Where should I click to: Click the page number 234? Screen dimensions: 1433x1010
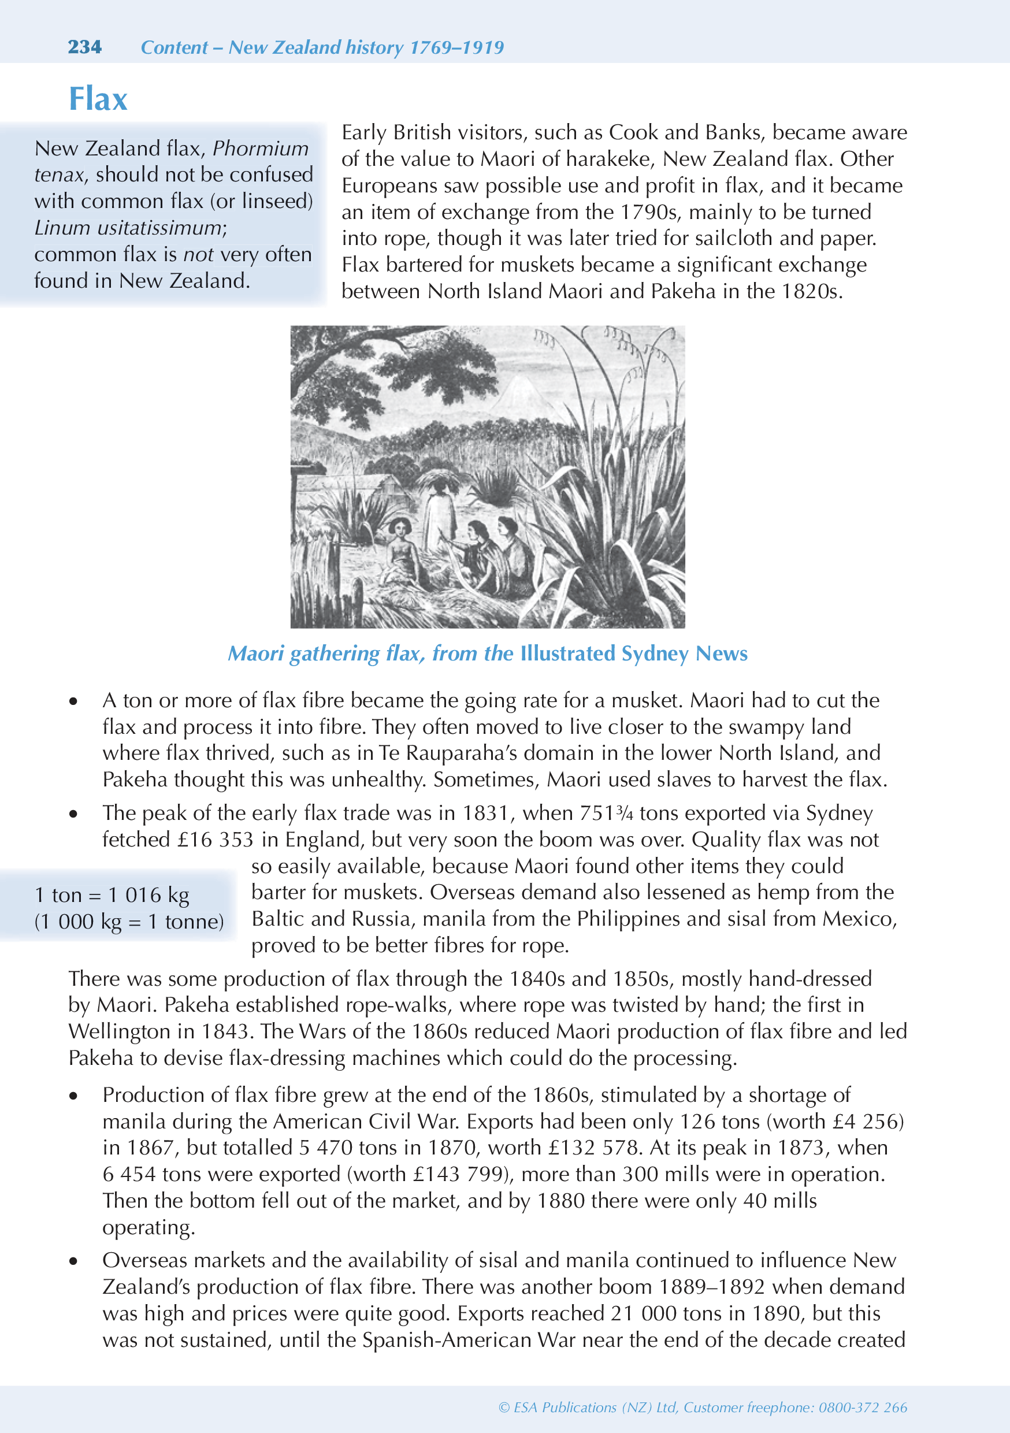(84, 47)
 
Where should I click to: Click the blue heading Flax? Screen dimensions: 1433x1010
(98, 99)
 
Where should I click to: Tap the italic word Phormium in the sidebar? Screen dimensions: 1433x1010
(261, 149)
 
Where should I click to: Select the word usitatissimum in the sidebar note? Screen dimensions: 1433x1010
(160, 228)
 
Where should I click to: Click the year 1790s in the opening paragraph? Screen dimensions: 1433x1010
(648, 212)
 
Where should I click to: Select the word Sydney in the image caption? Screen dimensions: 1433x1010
(655, 654)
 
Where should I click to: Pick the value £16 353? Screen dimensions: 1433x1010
(215, 840)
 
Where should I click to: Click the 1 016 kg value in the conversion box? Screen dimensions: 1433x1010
(148, 895)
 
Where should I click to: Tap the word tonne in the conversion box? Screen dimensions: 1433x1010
(194, 922)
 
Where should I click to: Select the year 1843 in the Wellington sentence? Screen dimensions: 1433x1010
(226, 1031)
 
